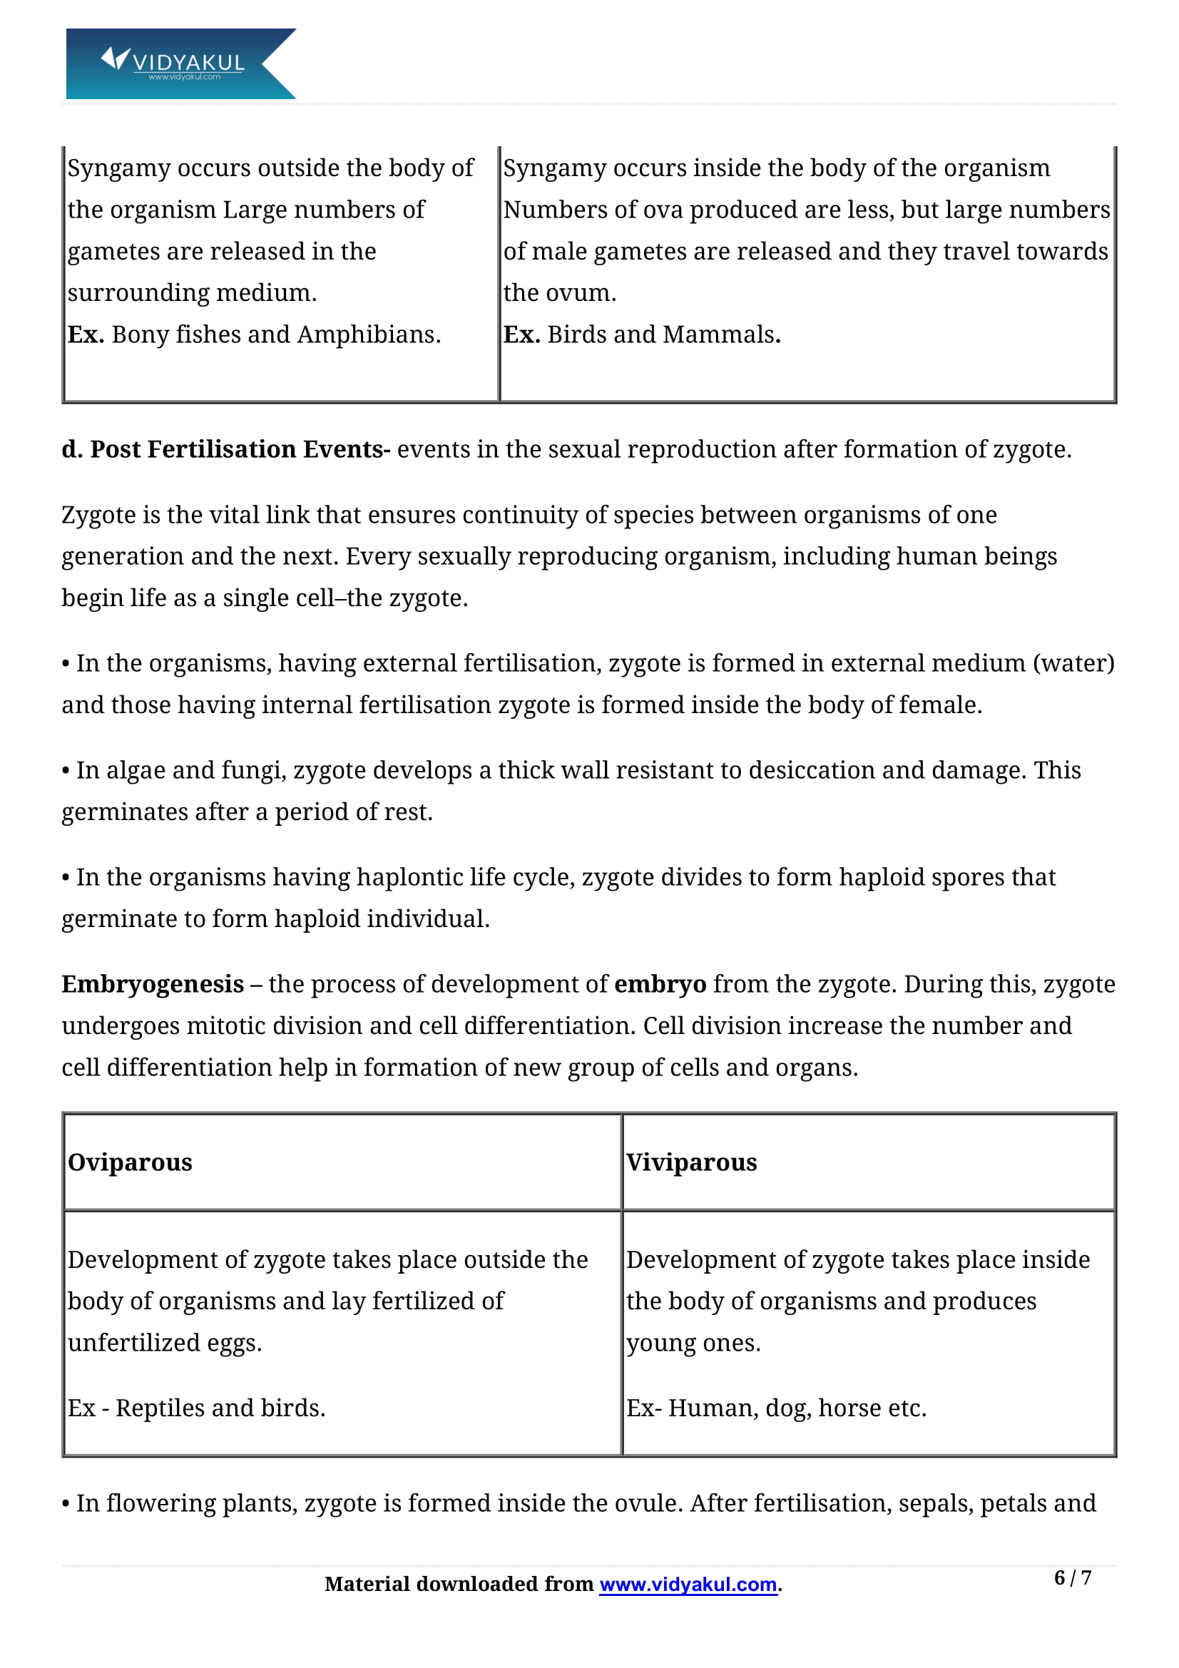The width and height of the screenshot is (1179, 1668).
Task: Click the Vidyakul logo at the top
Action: (180, 63)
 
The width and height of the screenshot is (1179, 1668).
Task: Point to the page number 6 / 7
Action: (1072, 1577)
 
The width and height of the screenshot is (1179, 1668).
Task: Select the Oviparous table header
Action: (130, 1162)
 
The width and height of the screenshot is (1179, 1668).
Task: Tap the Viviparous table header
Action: (691, 1162)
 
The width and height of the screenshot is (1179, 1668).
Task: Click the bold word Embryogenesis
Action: (153, 983)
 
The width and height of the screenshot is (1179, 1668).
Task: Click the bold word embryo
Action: (660, 983)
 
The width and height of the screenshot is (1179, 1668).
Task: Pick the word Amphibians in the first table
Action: (368, 334)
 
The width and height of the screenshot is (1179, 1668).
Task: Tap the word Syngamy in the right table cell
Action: (547, 168)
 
